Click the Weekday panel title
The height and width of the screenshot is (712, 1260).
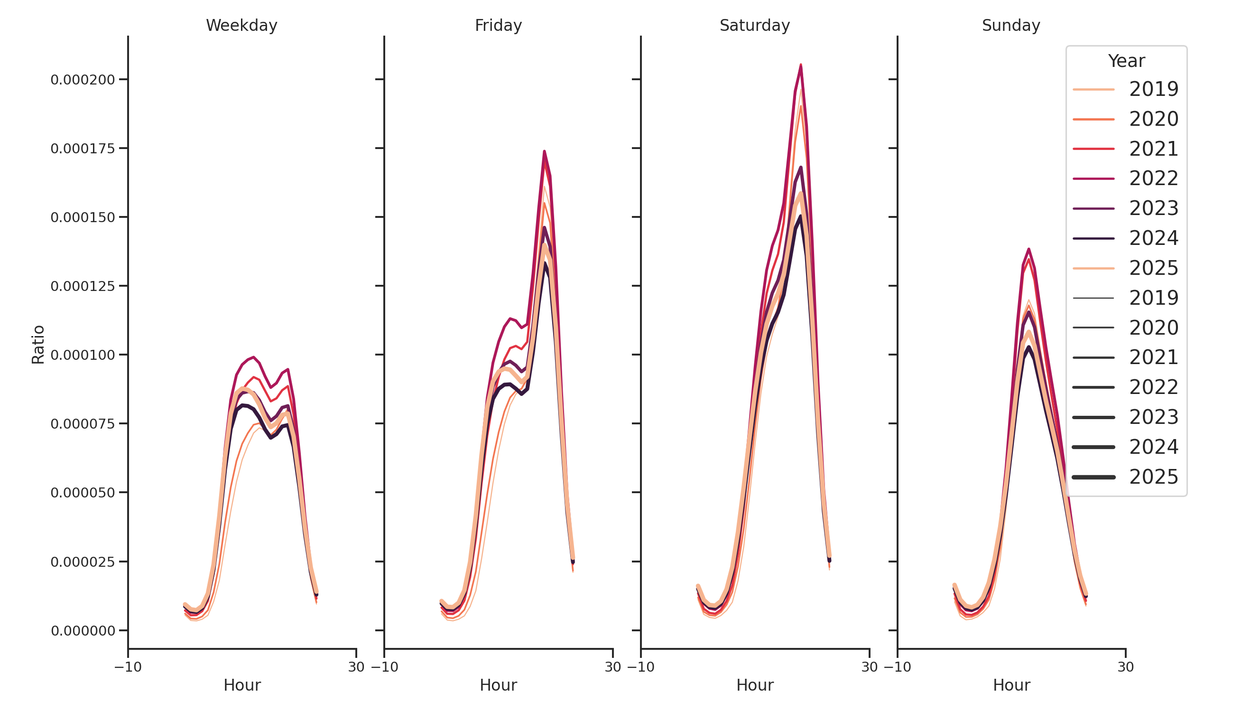coord(241,25)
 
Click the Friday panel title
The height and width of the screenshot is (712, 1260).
coord(498,25)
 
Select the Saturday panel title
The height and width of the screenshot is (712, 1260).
coord(754,25)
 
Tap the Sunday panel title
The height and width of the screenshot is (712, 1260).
coord(1010,25)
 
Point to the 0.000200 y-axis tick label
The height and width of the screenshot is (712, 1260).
coord(83,80)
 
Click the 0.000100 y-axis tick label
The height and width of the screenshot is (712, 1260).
coord(83,355)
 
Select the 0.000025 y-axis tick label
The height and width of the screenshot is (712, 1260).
coord(83,562)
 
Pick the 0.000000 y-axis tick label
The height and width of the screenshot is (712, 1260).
coord(83,631)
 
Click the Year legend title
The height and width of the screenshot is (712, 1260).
coord(1126,61)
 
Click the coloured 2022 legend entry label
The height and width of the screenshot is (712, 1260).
coord(1153,178)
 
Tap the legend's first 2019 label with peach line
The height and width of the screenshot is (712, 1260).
coord(1153,89)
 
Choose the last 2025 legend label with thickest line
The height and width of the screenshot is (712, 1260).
coord(1153,477)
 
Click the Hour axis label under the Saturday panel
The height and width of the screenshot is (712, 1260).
coord(754,684)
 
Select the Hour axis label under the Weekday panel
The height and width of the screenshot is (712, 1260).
coord(241,684)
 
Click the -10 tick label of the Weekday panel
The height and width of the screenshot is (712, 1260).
coord(128,666)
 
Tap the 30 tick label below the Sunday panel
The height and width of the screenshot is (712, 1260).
coord(1125,666)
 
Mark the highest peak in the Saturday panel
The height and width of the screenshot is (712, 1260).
coord(800,65)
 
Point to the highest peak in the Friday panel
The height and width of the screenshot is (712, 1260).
coord(544,151)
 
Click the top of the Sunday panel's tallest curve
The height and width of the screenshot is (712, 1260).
coord(1028,249)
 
